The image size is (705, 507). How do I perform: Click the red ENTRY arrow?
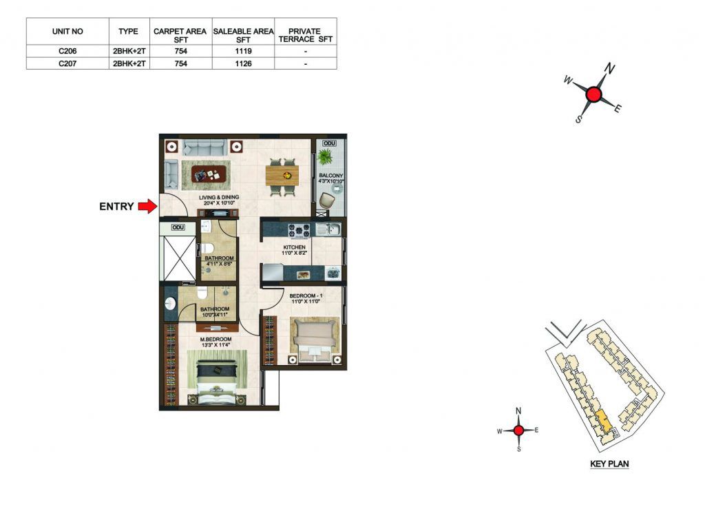coord(147,207)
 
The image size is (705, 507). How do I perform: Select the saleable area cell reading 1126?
coord(243,63)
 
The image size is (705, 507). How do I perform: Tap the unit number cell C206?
coord(67,51)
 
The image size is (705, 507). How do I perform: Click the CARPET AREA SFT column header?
coord(180,35)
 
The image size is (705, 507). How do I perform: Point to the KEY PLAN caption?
coord(609,464)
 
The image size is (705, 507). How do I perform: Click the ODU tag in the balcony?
coord(330,143)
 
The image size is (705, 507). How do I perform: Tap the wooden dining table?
coord(282,176)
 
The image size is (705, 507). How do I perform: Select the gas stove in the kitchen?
coord(299,230)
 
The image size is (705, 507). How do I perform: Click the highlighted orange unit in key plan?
coord(603,421)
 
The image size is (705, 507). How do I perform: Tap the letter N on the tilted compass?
coord(609,68)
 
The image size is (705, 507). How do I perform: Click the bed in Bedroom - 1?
coord(315,340)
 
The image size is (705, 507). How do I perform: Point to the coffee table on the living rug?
coord(209,174)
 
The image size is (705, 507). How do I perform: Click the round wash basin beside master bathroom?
coord(171,304)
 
